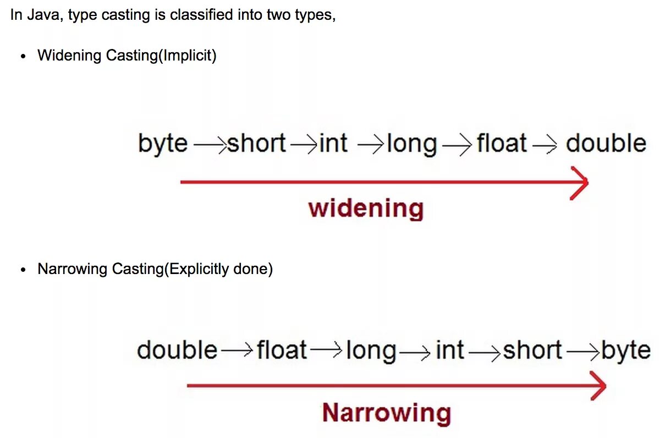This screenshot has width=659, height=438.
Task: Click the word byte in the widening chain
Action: pyautogui.click(x=162, y=144)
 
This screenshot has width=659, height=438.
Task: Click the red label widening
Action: pyautogui.click(x=366, y=209)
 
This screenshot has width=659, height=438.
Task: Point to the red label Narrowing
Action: pyautogui.click(x=386, y=413)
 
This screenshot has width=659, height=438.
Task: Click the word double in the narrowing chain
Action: pyautogui.click(x=177, y=350)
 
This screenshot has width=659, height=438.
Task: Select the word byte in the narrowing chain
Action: pyautogui.click(x=626, y=351)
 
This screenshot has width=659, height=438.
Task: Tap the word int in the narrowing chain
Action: pyautogui.click(x=449, y=350)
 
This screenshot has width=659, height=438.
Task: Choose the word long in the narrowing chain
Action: pyautogui.click(x=371, y=351)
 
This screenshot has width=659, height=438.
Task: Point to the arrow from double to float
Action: pyautogui.click(x=238, y=351)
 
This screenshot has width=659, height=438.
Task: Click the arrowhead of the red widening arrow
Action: pyautogui.click(x=581, y=182)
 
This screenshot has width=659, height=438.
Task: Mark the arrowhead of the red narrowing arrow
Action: pyautogui.click(x=599, y=385)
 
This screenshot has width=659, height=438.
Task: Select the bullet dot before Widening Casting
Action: pyautogui.click(x=23, y=57)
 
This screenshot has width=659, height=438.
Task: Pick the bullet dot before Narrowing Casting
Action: pyautogui.click(x=23, y=270)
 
